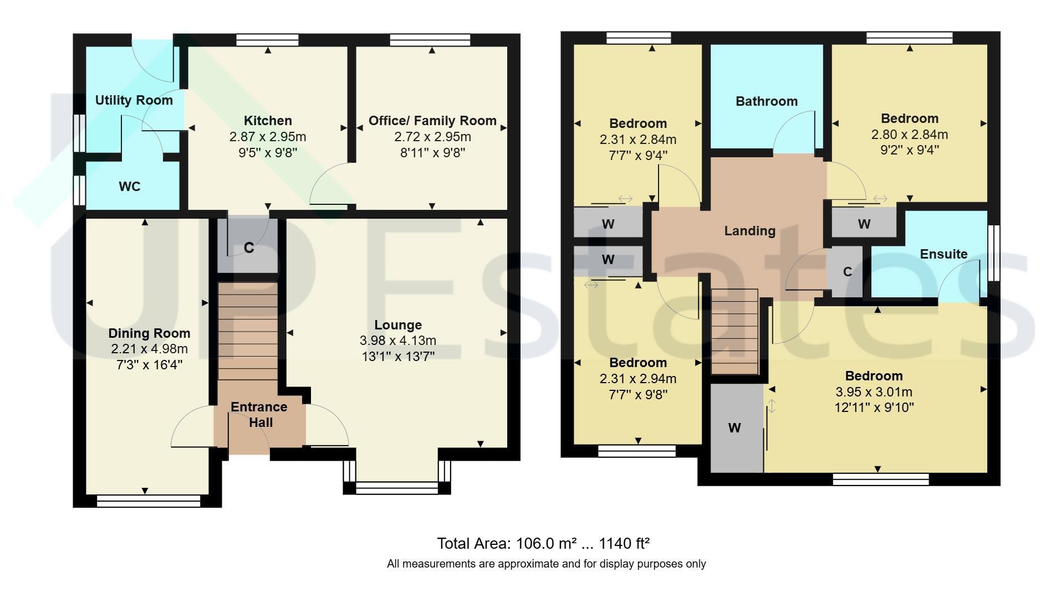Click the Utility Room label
click(x=134, y=100)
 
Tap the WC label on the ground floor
click(x=129, y=187)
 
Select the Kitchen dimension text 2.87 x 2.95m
click(x=268, y=137)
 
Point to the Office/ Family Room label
click(x=432, y=121)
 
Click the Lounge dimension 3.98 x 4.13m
click(x=398, y=341)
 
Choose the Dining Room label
click(x=149, y=333)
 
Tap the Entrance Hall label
click(x=259, y=415)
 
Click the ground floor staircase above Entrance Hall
click(x=248, y=331)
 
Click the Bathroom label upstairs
click(x=767, y=101)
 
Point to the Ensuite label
click(x=943, y=254)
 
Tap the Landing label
click(x=749, y=231)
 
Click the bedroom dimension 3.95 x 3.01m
click(x=874, y=392)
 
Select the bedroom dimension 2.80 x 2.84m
click(x=910, y=135)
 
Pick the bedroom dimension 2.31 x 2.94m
click(x=638, y=379)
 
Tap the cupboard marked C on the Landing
click(x=847, y=272)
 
